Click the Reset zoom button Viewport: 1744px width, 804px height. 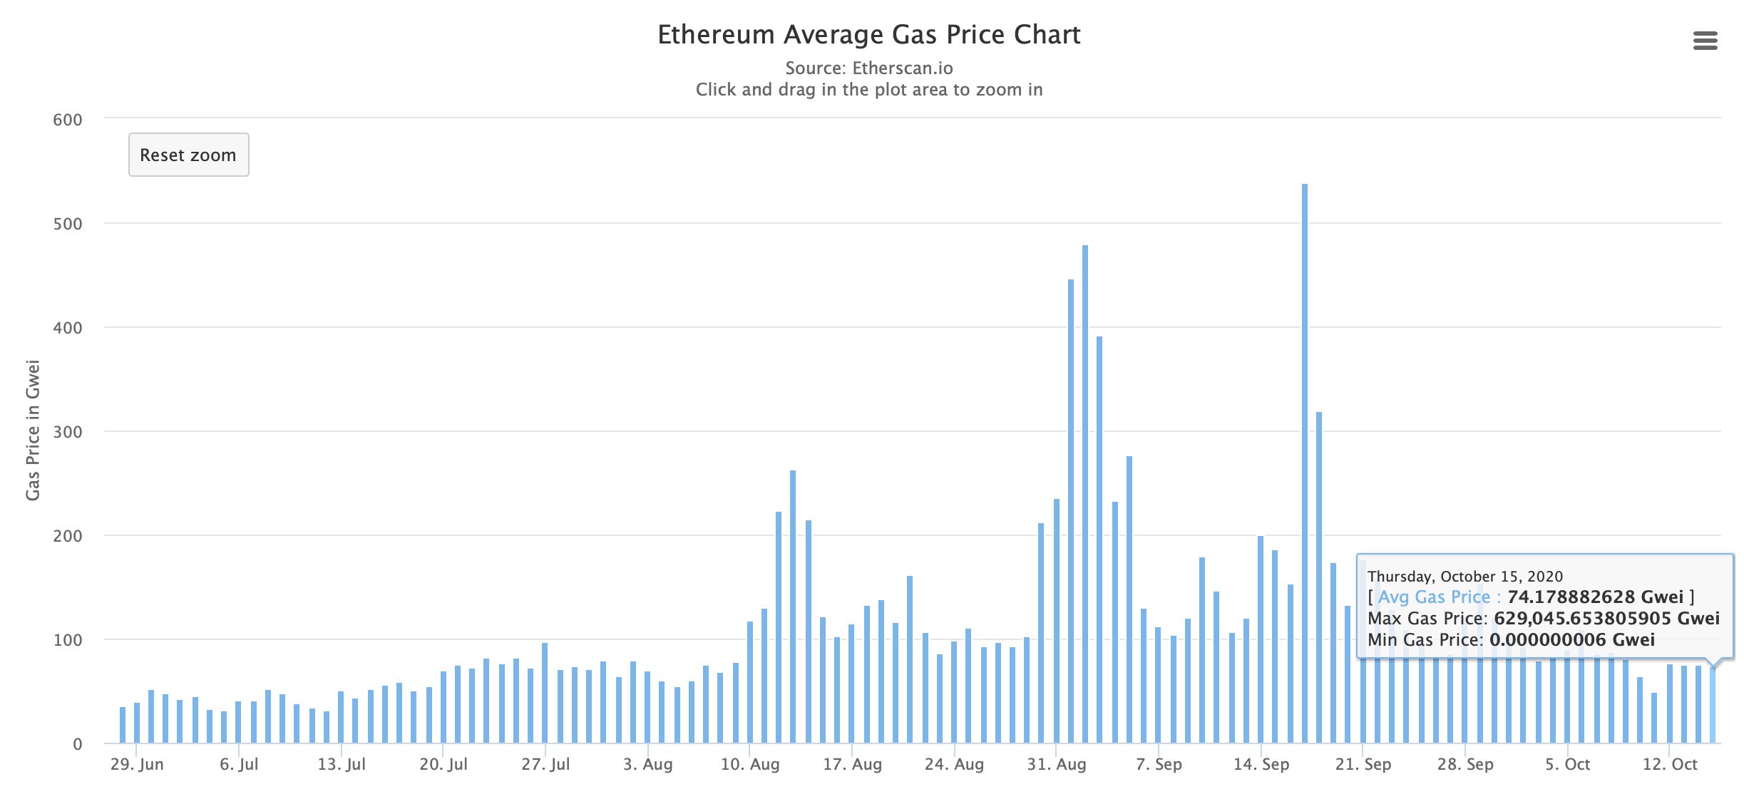click(x=188, y=155)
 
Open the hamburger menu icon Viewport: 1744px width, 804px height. click(x=1705, y=41)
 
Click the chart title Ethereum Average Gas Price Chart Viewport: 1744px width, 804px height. click(x=868, y=35)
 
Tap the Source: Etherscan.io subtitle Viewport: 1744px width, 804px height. click(x=868, y=68)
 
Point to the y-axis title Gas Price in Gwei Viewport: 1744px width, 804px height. click(x=33, y=430)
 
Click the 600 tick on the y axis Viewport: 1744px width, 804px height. click(x=68, y=120)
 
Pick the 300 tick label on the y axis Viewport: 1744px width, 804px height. click(x=68, y=432)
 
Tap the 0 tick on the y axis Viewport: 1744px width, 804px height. click(x=77, y=744)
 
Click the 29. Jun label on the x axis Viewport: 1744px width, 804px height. click(x=137, y=765)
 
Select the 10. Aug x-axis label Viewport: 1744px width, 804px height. click(x=750, y=765)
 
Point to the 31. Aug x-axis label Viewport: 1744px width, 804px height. click(x=1056, y=765)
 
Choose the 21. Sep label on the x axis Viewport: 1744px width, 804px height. click(x=1363, y=765)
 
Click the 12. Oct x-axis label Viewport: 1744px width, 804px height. click(x=1670, y=765)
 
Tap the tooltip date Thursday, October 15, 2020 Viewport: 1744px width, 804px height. click(x=1465, y=577)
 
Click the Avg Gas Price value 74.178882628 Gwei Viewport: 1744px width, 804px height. click(x=1594, y=597)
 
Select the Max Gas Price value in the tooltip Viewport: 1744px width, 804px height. click(x=1606, y=618)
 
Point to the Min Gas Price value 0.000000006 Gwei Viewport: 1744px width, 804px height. click(x=1571, y=639)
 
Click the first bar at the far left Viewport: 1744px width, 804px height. click(x=123, y=725)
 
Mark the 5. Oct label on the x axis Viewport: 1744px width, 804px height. click(x=1567, y=765)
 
